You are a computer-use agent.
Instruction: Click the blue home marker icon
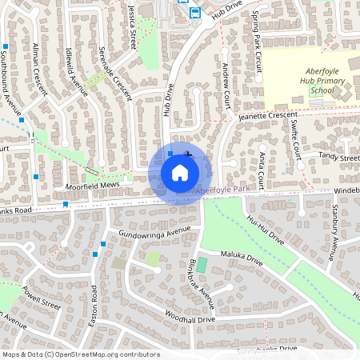pyautogui.click(x=180, y=171)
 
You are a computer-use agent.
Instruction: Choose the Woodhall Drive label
pyautogui.click(x=190, y=319)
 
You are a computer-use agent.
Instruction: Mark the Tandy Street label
pyautogui.click(x=339, y=158)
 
